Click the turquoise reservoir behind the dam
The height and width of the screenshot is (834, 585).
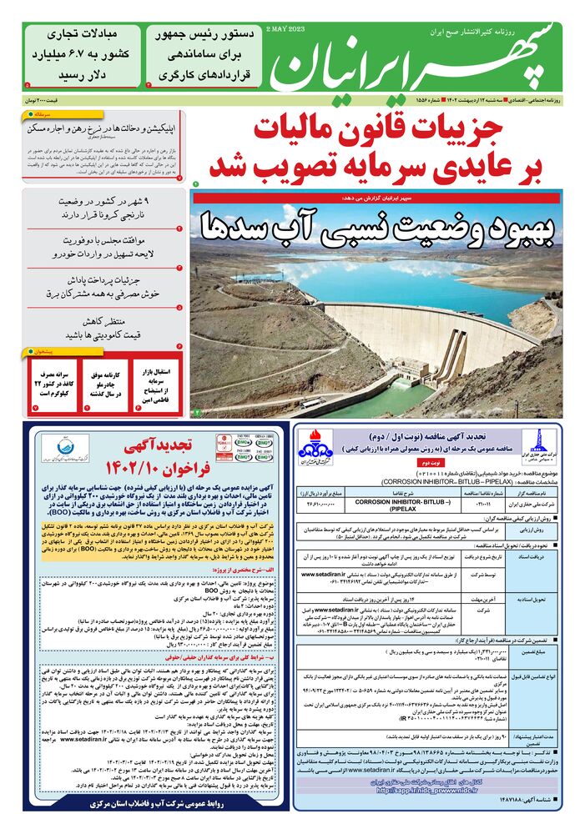(x=367, y=279)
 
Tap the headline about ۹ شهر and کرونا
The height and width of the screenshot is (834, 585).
(x=104, y=208)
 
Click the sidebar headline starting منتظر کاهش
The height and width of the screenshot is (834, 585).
(x=104, y=328)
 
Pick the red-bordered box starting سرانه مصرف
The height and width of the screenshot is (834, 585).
(x=57, y=382)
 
